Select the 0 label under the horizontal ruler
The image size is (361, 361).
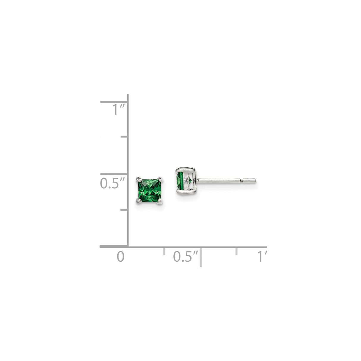click(x=120, y=257)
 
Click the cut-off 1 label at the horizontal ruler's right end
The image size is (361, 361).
click(x=261, y=257)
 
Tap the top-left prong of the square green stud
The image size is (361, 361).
click(x=138, y=179)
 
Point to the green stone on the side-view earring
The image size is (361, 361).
click(x=179, y=181)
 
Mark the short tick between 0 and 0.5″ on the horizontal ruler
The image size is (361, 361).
click(x=164, y=251)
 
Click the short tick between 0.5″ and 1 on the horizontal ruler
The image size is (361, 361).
click(x=237, y=251)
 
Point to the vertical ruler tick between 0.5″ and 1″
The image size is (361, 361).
click(x=124, y=137)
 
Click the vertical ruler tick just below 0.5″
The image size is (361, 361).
click(x=124, y=210)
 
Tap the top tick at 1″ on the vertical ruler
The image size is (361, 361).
click(x=114, y=102)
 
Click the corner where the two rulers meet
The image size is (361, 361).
click(x=128, y=246)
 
